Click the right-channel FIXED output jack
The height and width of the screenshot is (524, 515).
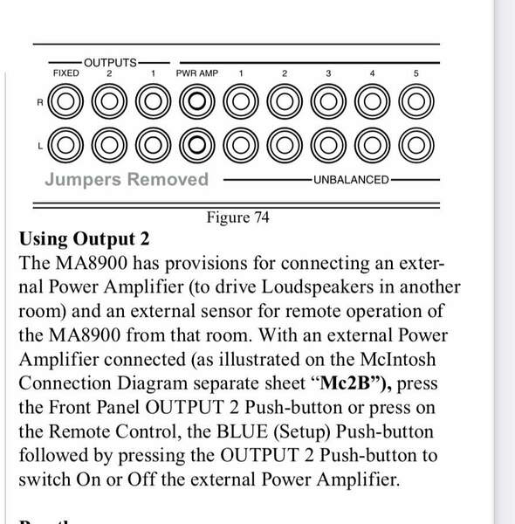65,101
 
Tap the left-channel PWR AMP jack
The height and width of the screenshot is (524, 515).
197,145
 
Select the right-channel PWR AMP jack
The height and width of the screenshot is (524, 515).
197,101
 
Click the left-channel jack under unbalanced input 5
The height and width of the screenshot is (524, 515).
416,145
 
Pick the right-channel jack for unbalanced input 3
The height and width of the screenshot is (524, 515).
328,101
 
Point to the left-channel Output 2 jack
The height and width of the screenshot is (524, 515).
109,145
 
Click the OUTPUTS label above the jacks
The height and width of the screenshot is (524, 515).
110,63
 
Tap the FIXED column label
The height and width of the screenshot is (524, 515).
66,73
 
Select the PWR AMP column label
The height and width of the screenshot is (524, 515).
197,73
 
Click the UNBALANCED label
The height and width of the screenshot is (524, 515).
352,180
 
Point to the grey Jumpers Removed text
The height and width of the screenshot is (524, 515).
127,180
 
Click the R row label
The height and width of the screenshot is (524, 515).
40,102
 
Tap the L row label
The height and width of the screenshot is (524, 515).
40,146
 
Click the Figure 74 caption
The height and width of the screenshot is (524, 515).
237,217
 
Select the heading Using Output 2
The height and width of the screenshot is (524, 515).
84,239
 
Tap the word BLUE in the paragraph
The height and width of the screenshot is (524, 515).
242,431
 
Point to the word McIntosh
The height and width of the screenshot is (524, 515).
398,360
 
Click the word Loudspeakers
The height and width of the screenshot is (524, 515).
317,287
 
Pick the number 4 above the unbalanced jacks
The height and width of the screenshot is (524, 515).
373,73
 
